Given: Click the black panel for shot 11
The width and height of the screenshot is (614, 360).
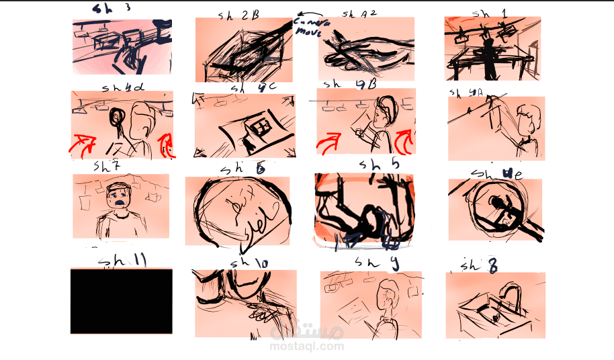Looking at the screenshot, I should tap(121, 301).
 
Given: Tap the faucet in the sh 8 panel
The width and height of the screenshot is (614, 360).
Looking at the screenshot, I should tap(510, 296).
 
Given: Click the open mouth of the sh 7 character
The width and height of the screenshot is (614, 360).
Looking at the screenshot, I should tap(119, 199).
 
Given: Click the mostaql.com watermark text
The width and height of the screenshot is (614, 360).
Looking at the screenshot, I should tap(307, 347).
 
